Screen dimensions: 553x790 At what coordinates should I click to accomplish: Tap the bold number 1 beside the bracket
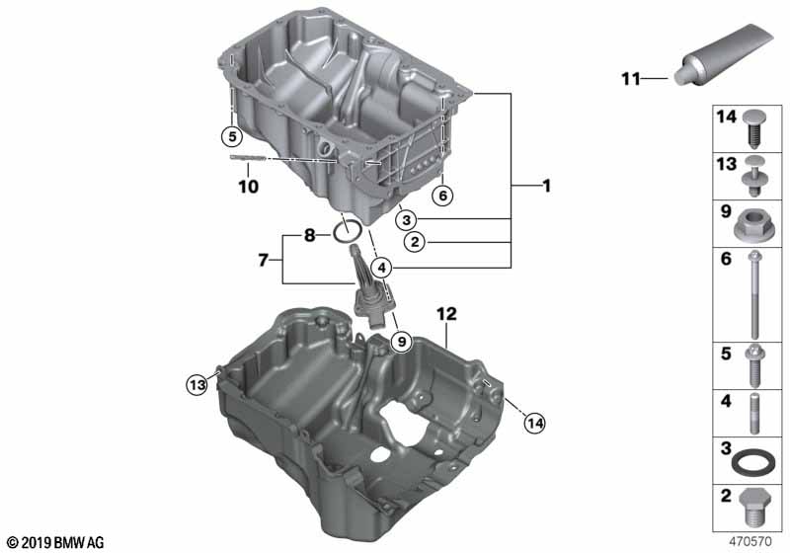coord(546,186)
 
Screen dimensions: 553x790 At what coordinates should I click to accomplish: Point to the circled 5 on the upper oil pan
coord(230,135)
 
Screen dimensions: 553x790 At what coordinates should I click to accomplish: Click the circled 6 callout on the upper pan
coord(442,196)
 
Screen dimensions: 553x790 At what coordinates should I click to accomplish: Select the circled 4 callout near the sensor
coord(383,265)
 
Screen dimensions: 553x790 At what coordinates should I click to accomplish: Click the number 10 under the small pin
coord(247,186)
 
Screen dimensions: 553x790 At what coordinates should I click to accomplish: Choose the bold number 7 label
coord(262,261)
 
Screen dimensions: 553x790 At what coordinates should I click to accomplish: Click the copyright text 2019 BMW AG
coord(55,542)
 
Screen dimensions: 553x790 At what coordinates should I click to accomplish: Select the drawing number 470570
coord(751,542)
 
